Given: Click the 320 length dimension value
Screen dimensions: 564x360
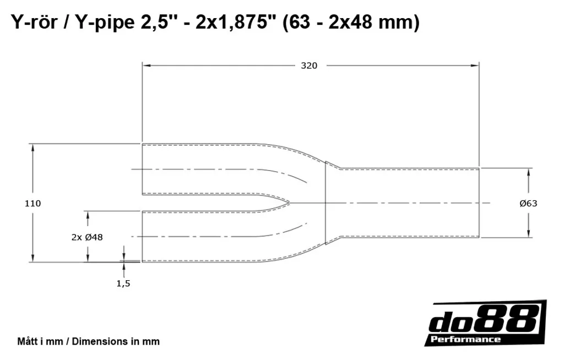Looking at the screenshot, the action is [309, 66].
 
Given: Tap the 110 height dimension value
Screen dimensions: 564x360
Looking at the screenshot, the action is [32, 203].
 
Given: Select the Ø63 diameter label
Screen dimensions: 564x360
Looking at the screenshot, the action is [528, 203].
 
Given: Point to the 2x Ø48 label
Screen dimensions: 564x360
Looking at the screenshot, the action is [87, 237].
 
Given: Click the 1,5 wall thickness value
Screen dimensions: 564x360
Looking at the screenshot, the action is [123, 283].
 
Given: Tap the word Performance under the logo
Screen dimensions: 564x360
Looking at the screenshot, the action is [465, 339].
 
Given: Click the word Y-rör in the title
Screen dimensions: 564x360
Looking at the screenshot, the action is [34, 23].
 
